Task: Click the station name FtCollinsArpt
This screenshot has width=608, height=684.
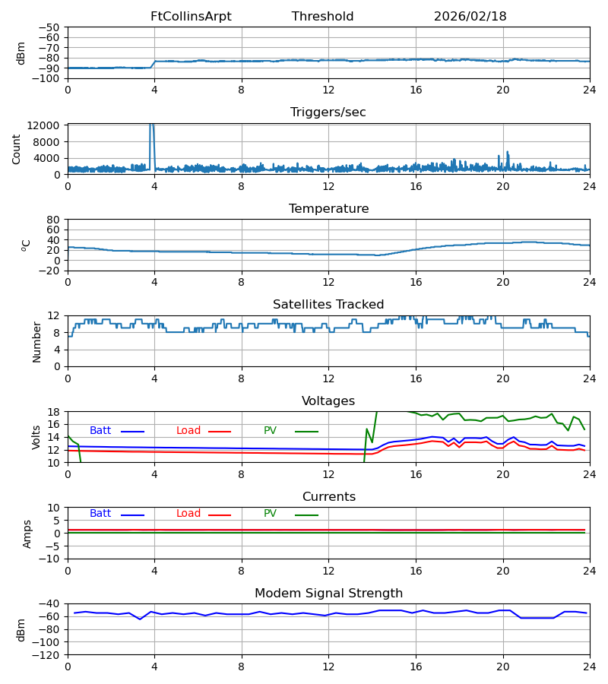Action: [x=191, y=17]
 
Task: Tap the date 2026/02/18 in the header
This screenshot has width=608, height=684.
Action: [x=470, y=17]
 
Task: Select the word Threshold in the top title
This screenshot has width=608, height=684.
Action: [x=322, y=17]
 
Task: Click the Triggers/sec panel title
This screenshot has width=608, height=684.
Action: [x=328, y=112]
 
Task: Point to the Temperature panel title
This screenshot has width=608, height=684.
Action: [x=328, y=209]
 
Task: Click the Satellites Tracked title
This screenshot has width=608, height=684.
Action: [x=328, y=305]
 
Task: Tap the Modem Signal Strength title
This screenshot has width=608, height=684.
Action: [x=328, y=594]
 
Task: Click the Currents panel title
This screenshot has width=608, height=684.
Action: [x=328, y=497]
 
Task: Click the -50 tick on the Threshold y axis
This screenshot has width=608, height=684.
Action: [x=52, y=27]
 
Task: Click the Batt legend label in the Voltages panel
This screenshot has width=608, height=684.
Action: [x=100, y=431]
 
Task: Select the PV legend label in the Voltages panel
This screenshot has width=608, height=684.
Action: [x=270, y=431]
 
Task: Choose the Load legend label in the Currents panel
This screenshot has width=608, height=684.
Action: [x=188, y=514]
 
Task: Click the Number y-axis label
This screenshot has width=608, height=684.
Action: [x=37, y=341]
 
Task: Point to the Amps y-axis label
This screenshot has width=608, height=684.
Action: [x=27, y=534]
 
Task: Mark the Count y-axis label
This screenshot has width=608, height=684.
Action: [x=17, y=149]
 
